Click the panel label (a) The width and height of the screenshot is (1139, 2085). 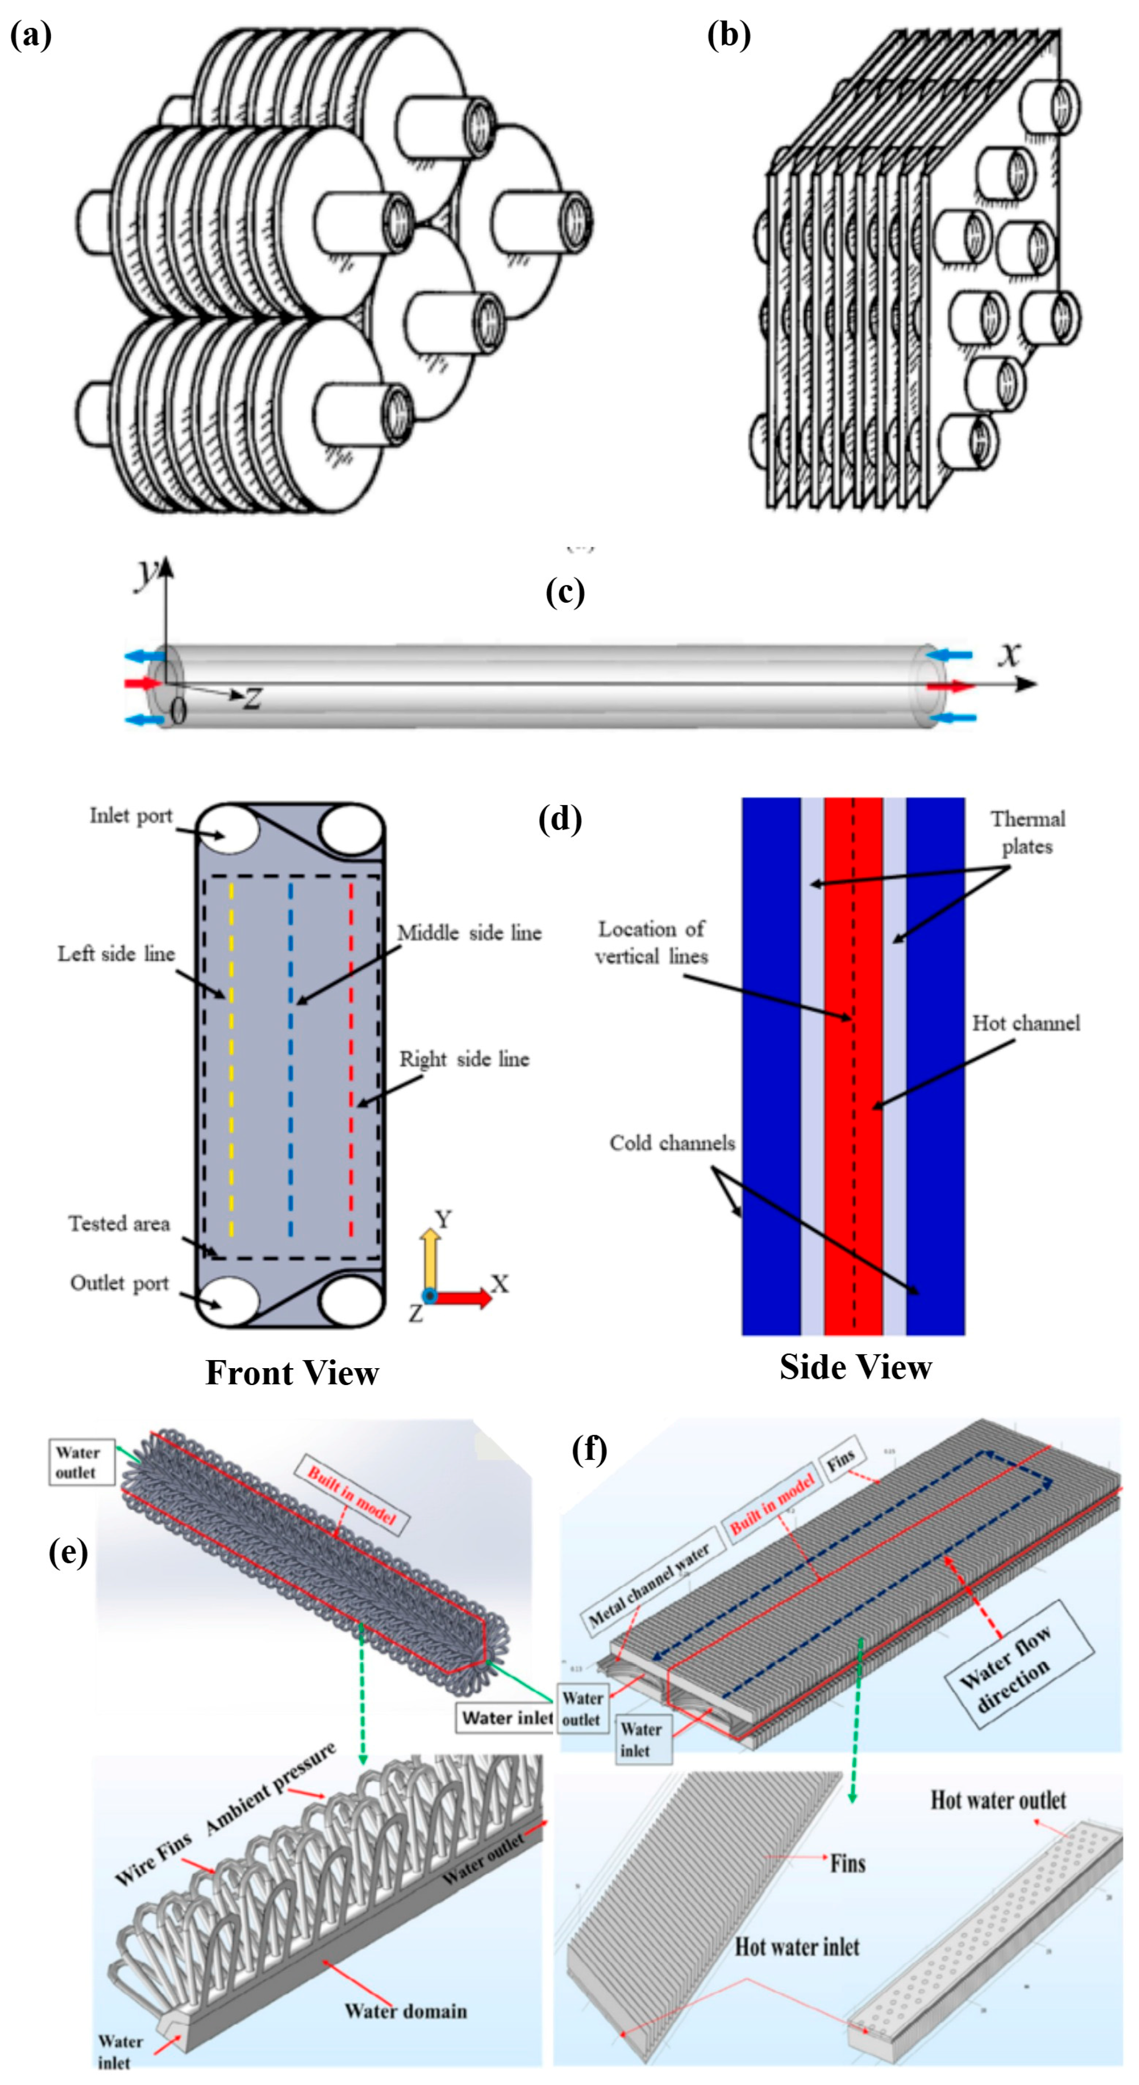click(x=31, y=36)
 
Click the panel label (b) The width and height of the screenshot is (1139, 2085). click(x=729, y=36)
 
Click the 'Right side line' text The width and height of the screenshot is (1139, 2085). click(x=464, y=1059)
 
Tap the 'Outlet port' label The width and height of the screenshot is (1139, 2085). click(x=119, y=1283)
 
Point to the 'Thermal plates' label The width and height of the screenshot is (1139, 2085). click(x=1027, y=832)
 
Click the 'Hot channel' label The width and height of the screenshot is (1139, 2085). click(x=1026, y=1023)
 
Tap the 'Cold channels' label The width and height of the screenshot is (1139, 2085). click(x=672, y=1143)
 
